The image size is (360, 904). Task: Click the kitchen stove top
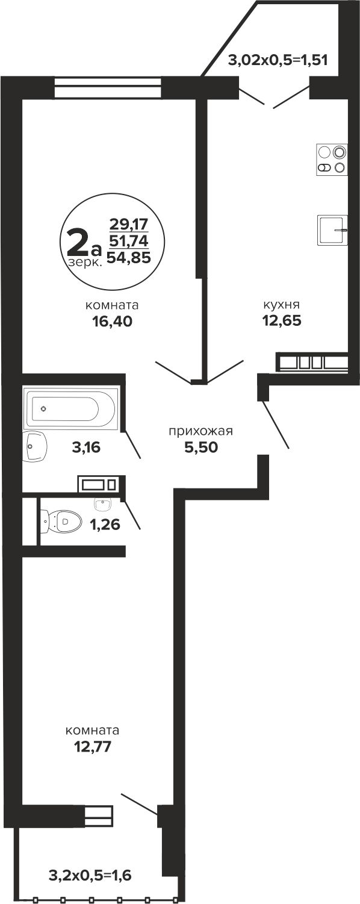tap(332, 160)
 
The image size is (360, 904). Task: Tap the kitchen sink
tap(332, 230)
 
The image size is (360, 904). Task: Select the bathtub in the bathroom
tap(71, 408)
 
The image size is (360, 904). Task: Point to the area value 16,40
tap(112, 321)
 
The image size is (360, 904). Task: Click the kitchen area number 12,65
tap(282, 321)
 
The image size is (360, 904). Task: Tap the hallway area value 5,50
tap(201, 447)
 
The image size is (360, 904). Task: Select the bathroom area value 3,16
tap(86, 447)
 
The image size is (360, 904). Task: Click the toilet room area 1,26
tap(105, 525)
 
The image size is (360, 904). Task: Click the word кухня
tap(282, 304)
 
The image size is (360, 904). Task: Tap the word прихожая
tap(201, 431)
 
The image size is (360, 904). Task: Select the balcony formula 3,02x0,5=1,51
tap(278, 61)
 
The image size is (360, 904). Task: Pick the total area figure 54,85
tap(129, 257)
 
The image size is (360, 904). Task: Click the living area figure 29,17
tap(129, 223)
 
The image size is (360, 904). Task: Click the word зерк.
tap(85, 263)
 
